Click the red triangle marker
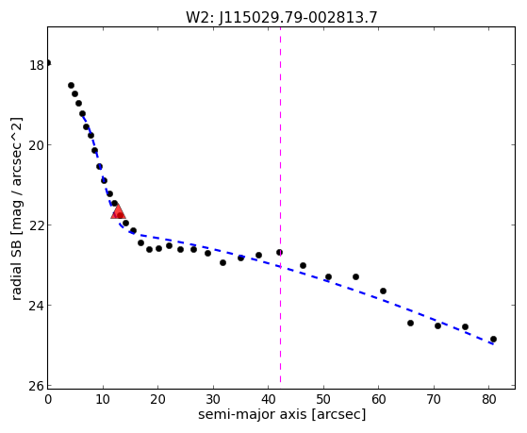pos(118,212)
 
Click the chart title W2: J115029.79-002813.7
pos(282,18)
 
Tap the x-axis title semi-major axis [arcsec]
pos(282,414)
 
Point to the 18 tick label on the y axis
pos(37,65)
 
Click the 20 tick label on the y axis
pos(37,145)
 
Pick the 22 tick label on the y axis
pos(37,225)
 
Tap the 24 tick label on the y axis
pos(37,305)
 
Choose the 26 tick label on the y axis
pos(37,386)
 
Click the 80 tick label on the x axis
pos(489,399)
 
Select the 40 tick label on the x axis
pos(268,399)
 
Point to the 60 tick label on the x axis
pos(379,399)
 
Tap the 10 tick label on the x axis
pos(103,399)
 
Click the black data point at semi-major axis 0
pos(48,63)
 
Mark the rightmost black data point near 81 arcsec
pos(493,339)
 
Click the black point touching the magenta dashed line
pos(279,252)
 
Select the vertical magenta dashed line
pos(280,206)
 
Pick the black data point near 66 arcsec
pos(410,323)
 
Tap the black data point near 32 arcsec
pos(222,262)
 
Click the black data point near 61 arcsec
pos(383,291)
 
